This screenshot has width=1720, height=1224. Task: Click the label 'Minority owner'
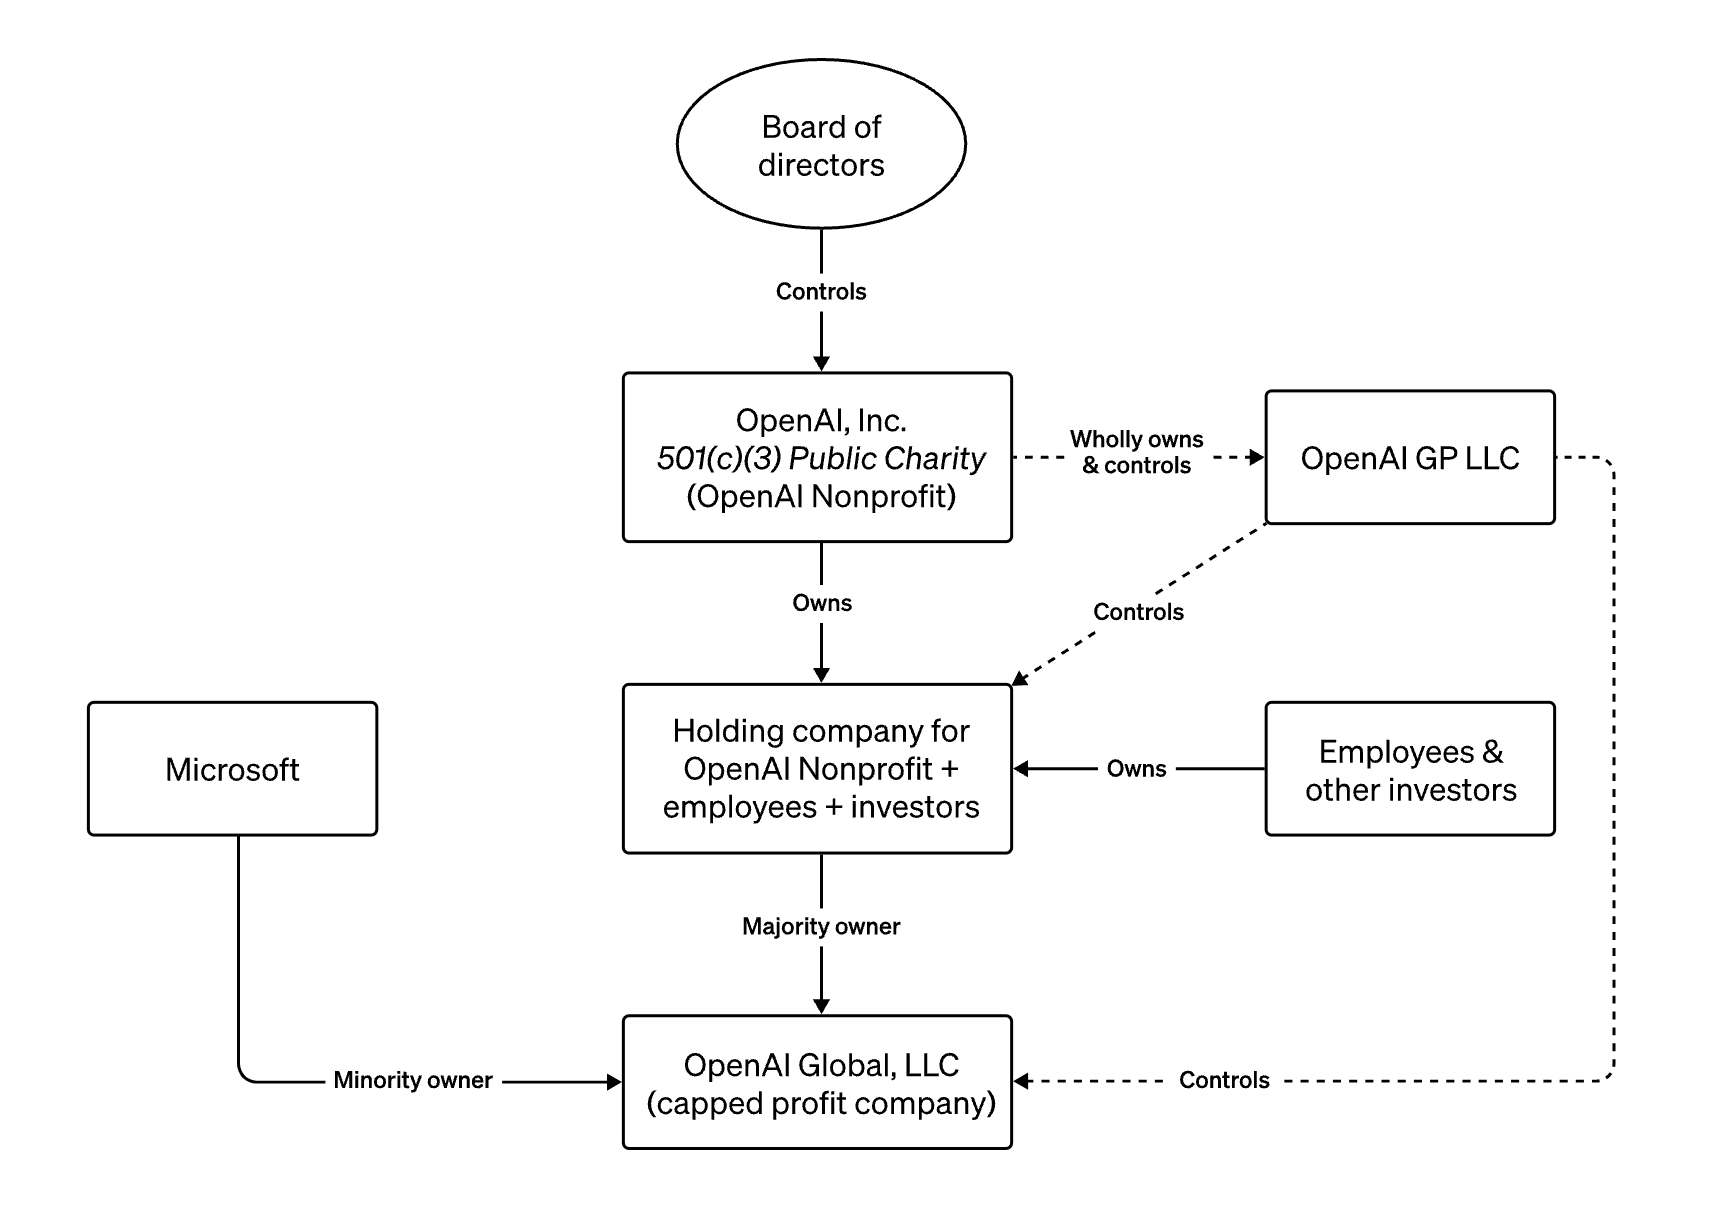pos(413,1080)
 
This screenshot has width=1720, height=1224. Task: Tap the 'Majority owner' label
pos(821,926)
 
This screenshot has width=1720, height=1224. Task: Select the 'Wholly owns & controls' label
pos(1137,452)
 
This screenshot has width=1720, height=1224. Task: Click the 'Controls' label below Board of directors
pos(821,291)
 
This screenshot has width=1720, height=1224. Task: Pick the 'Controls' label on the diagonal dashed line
pos(1138,612)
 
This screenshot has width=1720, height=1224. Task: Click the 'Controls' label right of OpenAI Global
pos(1224,1080)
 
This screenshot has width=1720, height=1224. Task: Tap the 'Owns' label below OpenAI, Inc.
pos(822,603)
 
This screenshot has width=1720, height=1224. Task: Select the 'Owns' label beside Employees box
pos(1137,769)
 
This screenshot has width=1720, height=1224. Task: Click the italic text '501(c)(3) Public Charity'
pos(821,458)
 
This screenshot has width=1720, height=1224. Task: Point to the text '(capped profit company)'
pos(821,1103)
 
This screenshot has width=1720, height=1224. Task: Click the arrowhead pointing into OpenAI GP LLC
pos(1257,458)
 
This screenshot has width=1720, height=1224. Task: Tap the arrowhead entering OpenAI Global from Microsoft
pos(614,1081)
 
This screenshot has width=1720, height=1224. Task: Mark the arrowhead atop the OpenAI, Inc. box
pos(821,364)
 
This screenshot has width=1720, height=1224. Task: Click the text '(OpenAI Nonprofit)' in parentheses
pos(821,496)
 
